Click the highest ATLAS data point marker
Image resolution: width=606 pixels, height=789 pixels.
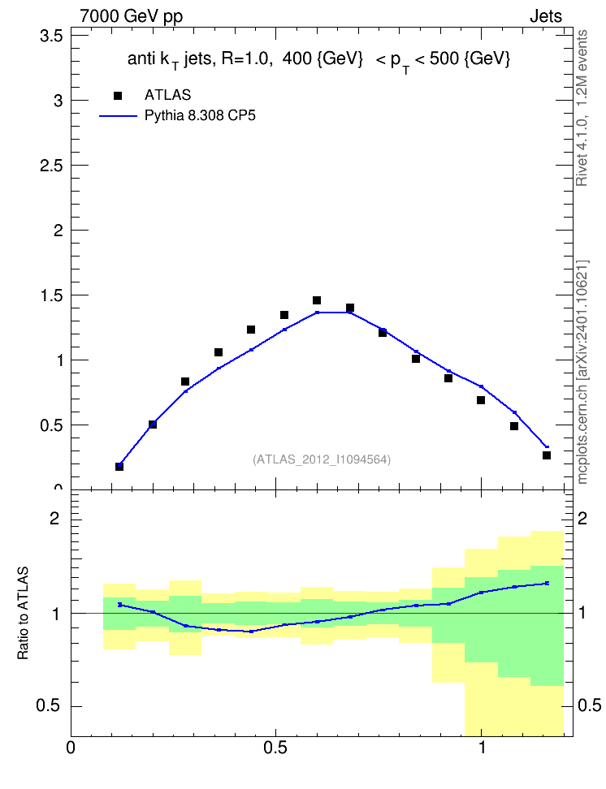point(316,300)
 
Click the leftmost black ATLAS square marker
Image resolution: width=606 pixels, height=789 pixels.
point(119,467)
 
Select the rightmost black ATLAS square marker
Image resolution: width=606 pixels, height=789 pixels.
point(547,455)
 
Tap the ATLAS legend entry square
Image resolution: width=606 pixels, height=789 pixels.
point(118,96)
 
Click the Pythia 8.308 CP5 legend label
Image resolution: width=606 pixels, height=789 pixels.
point(200,116)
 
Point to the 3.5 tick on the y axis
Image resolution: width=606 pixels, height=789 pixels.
point(51,37)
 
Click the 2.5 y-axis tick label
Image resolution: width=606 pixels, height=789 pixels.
point(51,166)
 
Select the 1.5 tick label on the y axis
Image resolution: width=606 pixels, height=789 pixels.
point(51,295)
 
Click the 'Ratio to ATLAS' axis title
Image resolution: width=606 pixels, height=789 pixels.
point(23,613)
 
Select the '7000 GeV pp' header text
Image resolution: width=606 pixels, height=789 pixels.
point(131,16)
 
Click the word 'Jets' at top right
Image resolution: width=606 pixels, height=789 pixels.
point(546,16)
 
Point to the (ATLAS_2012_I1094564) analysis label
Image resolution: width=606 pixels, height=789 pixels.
point(322,459)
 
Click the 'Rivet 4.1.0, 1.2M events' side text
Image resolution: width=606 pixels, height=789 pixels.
point(582,108)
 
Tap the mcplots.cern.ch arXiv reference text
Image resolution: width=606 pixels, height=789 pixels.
point(582,373)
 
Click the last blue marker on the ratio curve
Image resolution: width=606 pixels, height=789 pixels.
point(547,583)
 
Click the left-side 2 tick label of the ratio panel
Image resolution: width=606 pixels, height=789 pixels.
point(54,518)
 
